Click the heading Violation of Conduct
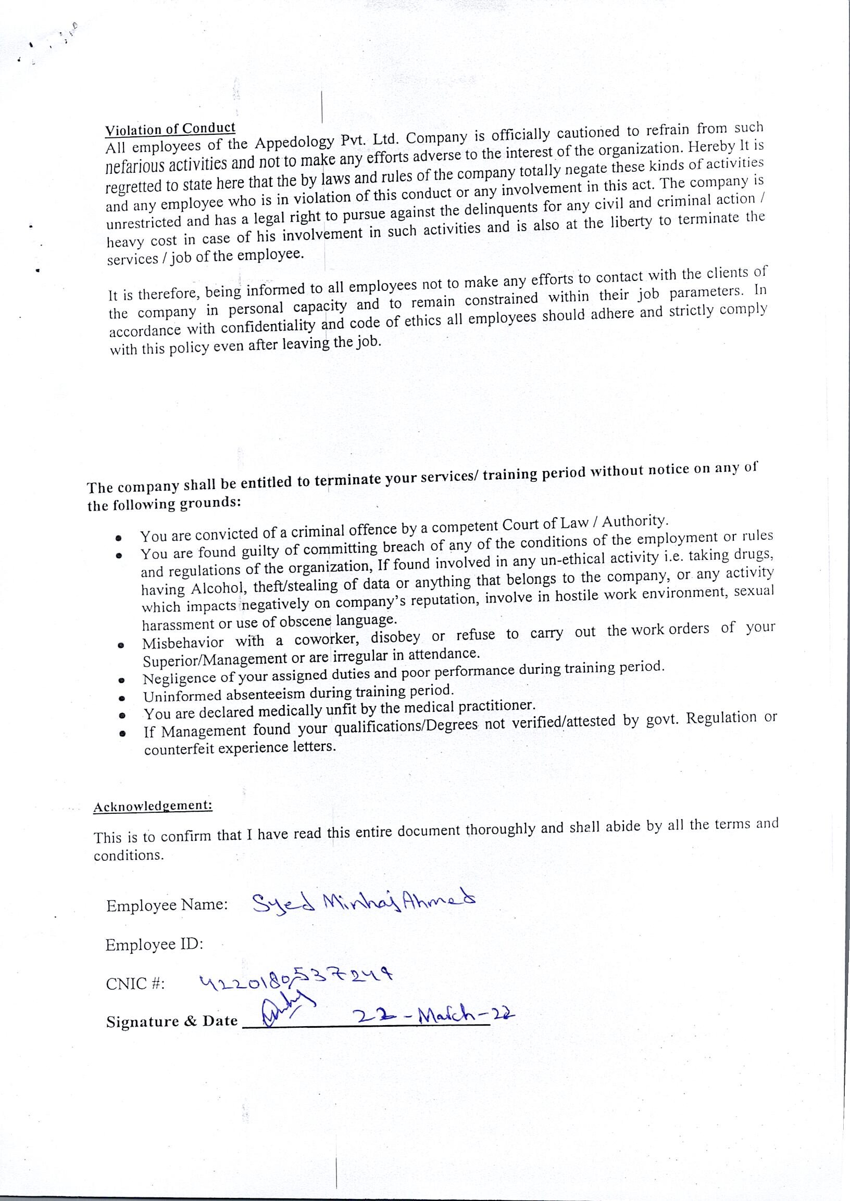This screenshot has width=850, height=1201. (170, 128)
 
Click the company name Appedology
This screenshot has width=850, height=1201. (295, 142)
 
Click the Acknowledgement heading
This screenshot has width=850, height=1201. (153, 806)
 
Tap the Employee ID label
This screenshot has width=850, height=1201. (154, 945)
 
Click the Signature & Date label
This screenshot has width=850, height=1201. (172, 1021)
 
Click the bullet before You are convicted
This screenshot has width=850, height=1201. (119, 538)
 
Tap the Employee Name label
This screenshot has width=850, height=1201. (167, 905)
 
